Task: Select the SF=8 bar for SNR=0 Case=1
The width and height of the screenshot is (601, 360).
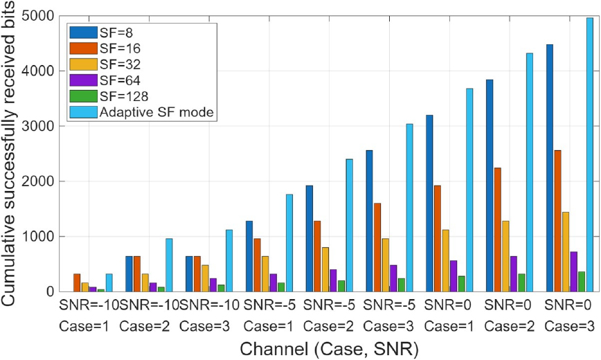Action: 430,204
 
